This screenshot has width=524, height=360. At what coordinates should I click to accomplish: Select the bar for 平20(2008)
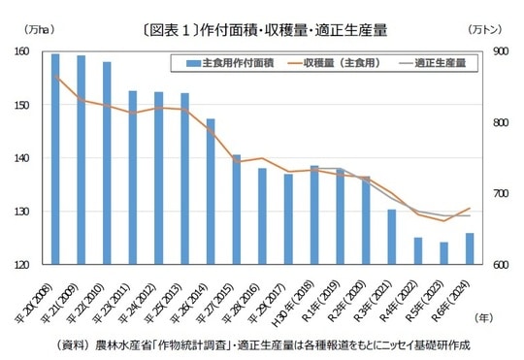tap(55, 159)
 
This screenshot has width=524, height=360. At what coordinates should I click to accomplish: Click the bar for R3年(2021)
tap(391, 237)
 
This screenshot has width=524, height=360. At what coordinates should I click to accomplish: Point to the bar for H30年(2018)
tap(313, 214)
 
